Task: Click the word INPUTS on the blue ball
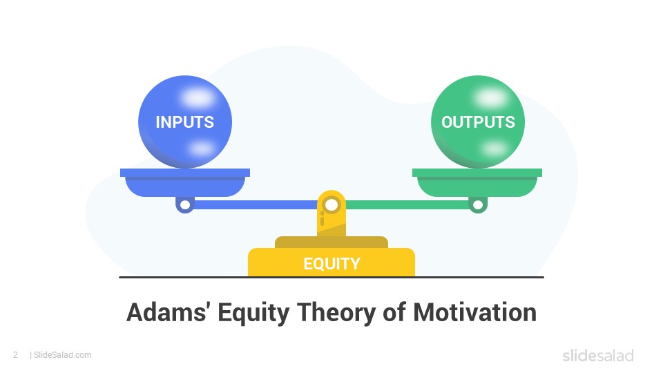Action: coord(185,122)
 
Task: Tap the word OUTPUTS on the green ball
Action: coord(478,122)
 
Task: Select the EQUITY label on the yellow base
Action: coord(331,263)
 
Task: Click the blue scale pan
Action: coord(185,182)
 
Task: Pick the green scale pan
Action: coord(477,182)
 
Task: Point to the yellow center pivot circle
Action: coord(331,205)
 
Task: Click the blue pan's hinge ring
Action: coord(185,205)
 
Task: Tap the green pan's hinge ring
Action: coord(478,205)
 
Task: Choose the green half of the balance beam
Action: coord(407,205)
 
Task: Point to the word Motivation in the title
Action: coord(475,313)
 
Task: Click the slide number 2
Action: coord(16,355)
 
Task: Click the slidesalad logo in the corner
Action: coord(598,355)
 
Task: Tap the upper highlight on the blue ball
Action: coord(198,97)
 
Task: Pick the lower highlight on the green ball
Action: coord(494,149)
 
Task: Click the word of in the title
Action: coord(394,313)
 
